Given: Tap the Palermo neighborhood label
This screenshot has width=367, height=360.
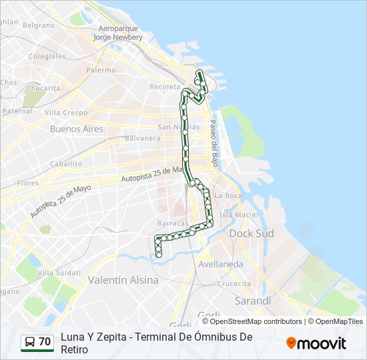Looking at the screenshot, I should click(x=101, y=70).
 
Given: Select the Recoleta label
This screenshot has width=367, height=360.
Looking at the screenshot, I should click(x=165, y=87).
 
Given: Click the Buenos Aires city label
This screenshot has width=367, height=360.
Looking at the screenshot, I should click(x=77, y=129).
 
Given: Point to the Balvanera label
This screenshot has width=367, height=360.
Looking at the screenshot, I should click(x=142, y=139).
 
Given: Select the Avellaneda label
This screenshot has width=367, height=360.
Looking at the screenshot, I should click(x=221, y=264).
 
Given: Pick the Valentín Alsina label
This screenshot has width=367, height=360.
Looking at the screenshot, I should click(x=123, y=280).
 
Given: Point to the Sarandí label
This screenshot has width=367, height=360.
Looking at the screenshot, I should click(x=254, y=301).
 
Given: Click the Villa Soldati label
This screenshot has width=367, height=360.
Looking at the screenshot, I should click(x=59, y=273).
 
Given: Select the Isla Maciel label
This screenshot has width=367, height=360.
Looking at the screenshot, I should click(x=238, y=215).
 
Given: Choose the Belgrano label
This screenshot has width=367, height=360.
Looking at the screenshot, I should click(x=39, y=25).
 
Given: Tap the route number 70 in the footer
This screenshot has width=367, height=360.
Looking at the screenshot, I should click(x=45, y=342).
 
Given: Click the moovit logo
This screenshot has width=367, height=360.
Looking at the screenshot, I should click(x=316, y=343).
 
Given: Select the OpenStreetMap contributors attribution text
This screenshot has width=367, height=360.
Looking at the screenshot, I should click(x=256, y=321).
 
